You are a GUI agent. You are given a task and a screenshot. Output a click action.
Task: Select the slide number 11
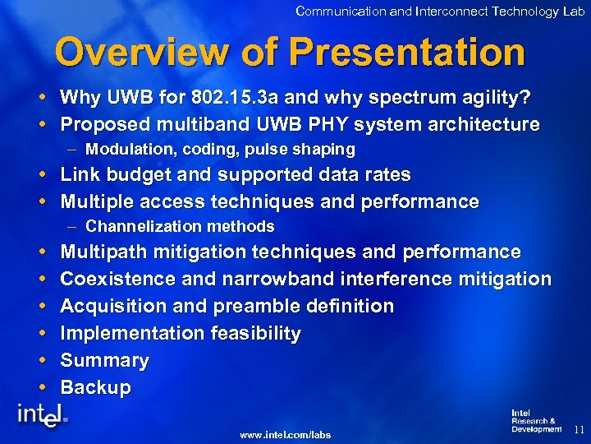point(578,429)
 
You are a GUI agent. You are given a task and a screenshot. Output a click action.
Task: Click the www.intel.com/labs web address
point(285,434)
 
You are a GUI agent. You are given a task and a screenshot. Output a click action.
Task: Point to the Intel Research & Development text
point(535,421)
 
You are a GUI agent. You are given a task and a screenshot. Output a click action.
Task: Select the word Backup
point(95,388)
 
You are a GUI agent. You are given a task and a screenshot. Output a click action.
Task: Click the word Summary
point(104,361)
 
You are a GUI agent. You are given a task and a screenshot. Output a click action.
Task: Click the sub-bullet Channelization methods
point(180,226)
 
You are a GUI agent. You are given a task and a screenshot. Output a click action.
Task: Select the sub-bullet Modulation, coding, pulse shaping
point(220,150)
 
